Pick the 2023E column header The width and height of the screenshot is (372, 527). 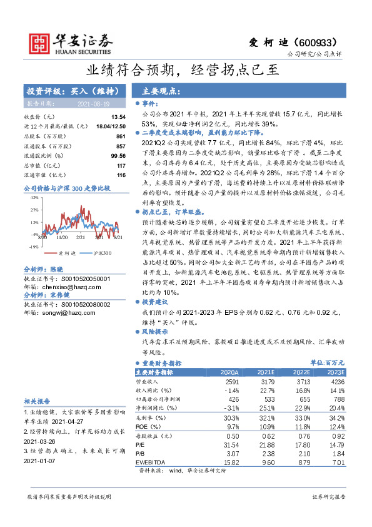tap(335, 372)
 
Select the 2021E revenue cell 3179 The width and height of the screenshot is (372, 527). tap(266, 381)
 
